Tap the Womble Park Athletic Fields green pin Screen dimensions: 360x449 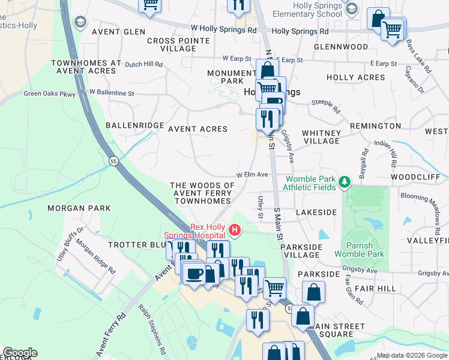click(344, 181)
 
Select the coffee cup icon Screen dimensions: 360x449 click(193, 274)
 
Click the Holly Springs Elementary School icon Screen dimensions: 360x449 click(352, 8)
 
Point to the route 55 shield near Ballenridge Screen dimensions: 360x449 click(113, 161)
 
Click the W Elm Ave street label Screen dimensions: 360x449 click(252, 175)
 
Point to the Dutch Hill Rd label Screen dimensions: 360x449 click(143, 63)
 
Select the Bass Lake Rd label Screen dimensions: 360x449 click(419, 56)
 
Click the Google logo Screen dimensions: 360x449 click(20, 353)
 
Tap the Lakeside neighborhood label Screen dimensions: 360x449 click(316, 212)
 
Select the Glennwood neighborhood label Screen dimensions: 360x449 click(340, 46)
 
